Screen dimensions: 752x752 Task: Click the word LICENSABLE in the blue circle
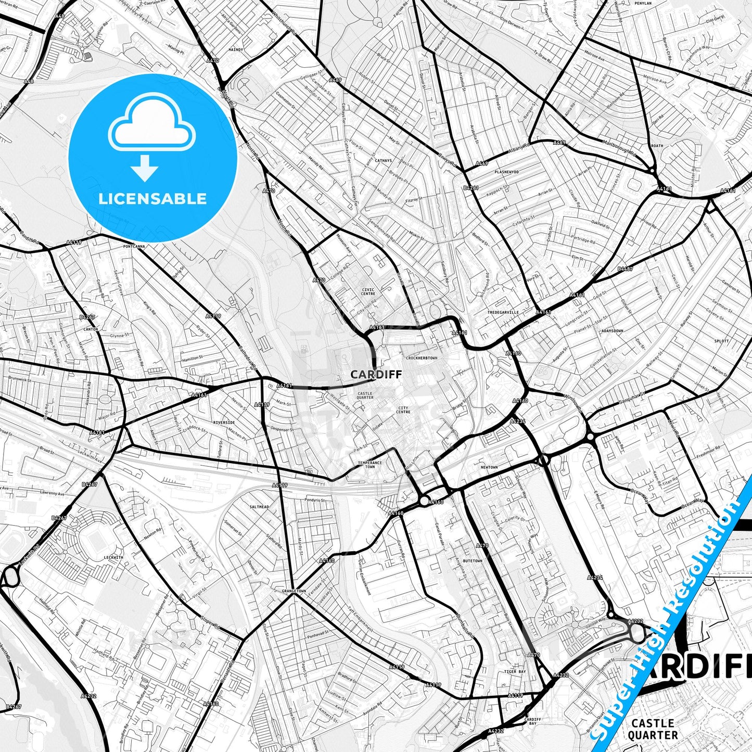point(152,199)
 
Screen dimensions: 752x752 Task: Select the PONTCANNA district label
point(134,246)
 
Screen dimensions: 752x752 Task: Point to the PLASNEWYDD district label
point(506,172)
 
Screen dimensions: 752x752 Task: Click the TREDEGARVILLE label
point(503,312)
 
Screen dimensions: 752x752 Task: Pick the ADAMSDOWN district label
point(612,330)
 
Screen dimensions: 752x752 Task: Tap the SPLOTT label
point(722,341)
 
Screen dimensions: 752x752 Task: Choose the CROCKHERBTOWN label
point(422,358)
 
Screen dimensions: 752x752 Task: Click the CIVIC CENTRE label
point(368,291)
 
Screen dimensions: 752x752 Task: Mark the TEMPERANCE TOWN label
point(369,464)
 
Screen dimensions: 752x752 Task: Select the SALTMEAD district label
point(259,506)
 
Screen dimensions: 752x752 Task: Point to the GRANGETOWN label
point(294,591)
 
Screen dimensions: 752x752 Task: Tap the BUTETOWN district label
point(473,560)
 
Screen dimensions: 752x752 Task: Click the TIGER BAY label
point(515,671)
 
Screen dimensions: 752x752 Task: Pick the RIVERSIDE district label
point(224,423)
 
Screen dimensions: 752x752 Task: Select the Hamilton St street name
point(193,358)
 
